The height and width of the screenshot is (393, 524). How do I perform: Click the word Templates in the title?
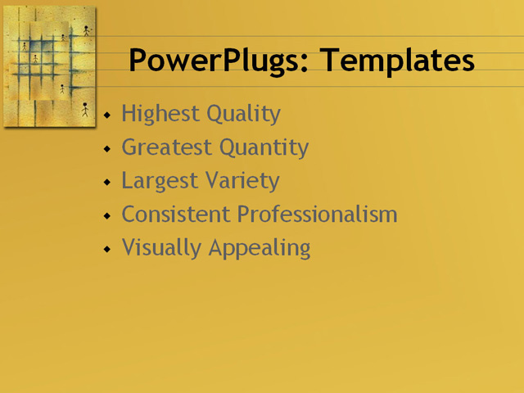click(x=397, y=61)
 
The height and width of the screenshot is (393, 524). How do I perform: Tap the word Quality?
click(x=243, y=114)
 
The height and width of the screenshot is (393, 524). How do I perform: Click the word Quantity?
click(x=262, y=147)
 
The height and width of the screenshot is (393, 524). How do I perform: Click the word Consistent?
click(x=176, y=215)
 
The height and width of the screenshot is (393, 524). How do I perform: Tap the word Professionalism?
click(x=318, y=215)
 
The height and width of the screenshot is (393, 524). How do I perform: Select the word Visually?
click(x=160, y=248)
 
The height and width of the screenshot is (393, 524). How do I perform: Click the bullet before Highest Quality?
click(x=106, y=115)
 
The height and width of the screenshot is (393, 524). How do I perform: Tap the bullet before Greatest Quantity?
click(x=106, y=149)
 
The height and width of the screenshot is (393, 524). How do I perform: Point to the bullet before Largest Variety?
click(x=106, y=183)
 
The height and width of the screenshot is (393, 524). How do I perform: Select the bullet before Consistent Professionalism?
click(x=106, y=216)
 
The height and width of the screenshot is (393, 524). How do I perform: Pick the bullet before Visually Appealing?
click(x=106, y=249)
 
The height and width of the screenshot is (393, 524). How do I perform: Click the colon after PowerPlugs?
click(x=307, y=64)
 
